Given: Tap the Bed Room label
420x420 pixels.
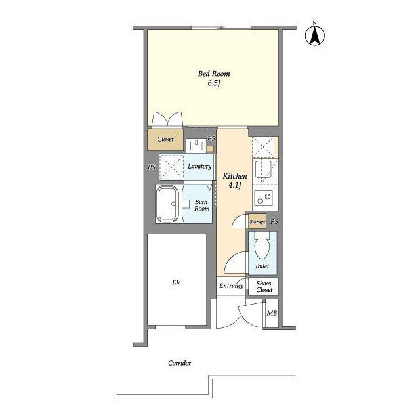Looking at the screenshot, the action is click(214, 73).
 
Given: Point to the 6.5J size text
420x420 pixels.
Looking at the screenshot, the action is click(214, 83).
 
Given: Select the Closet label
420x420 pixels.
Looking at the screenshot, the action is click(165, 139).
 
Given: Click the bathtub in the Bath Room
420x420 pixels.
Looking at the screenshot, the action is click(168, 203).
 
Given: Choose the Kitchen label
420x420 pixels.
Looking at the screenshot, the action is click(235, 176).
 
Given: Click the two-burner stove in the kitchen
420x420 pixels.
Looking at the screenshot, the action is click(264, 198).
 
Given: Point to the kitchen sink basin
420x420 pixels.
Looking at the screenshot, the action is click(263, 169).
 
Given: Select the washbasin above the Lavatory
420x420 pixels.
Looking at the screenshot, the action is click(197, 146).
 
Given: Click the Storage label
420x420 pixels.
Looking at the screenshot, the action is click(257, 222).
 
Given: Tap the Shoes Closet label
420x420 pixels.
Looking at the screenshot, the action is click(264, 286).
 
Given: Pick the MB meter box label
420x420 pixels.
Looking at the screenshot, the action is click(272, 313).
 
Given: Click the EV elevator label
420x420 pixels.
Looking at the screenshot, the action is click(177, 282).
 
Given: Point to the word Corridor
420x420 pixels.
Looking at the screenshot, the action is click(179, 363).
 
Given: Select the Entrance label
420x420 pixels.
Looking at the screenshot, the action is click(231, 286).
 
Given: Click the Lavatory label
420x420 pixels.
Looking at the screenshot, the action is click(199, 166).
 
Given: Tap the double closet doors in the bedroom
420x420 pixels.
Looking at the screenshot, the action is click(167, 119).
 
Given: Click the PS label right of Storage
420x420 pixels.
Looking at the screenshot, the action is click(274, 222).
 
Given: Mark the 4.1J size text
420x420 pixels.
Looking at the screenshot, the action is click(235, 185).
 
